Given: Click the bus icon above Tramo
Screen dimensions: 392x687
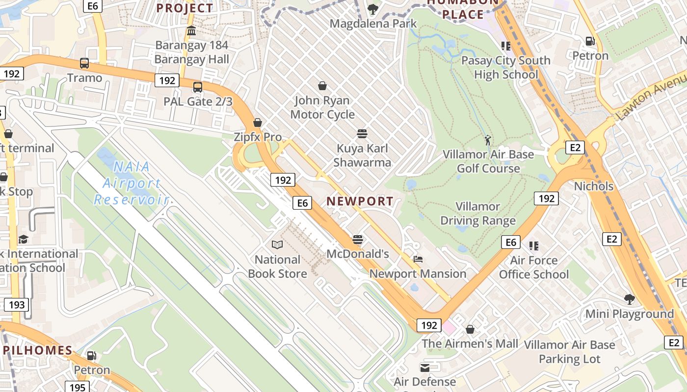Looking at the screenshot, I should pyautogui.click(x=84, y=63).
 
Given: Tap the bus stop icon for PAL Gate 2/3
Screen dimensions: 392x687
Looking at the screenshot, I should pyautogui.click(x=198, y=88).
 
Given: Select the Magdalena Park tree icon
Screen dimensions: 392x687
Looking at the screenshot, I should pyautogui.click(x=373, y=9).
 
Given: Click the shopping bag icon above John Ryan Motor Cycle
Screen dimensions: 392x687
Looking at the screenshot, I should pyautogui.click(x=322, y=86).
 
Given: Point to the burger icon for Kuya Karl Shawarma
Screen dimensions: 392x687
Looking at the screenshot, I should pyautogui.click(x=362, y=134).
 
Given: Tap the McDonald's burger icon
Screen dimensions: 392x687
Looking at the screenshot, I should pyautogui.click(x=358, y=240).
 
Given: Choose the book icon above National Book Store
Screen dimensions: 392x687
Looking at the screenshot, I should pyautogui.click(x=277, y=245).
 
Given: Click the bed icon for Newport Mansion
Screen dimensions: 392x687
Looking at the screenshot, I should pyautogui.click(x=418, y=259).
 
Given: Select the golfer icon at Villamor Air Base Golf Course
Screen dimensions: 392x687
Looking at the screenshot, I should pyautogui.click(x=487, y=141).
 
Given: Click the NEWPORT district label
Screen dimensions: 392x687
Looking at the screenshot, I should pyautogui.click(x=360, y=201).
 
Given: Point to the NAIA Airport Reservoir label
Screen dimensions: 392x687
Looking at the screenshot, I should pyautogui.click(x=131, y=183).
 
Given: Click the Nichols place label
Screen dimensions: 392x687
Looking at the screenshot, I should pyautogui.click(x=594, y=186).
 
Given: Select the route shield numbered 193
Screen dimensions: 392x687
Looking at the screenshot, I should pyautogui.click(x=17, y=305).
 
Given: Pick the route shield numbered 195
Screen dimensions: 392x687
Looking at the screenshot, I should pyautogui.click(x=78, y=388).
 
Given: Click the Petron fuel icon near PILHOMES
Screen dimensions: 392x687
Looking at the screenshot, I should pyautogui.click(x=91, y=355).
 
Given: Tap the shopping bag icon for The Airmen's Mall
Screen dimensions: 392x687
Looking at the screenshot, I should pyautogui.click(x=470, y=329).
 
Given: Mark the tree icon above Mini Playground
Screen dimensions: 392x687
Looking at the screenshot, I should pyautogui.click(x=629, y=299).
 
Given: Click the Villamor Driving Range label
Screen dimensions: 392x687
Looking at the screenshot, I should pyautogui.click(x=478, y=214).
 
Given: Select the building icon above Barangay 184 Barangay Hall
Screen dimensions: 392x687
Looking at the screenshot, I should pyautogui.click(x=191, y=31).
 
